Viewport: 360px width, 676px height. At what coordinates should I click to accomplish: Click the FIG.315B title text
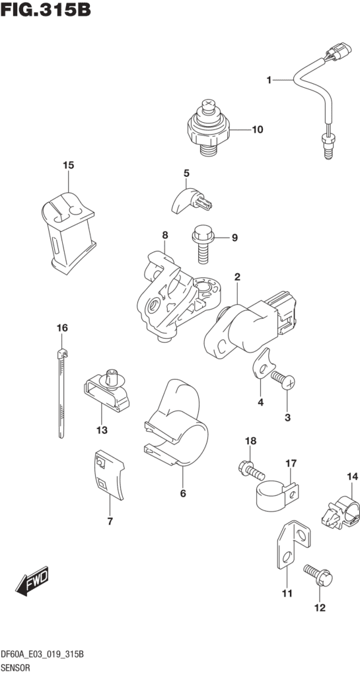point(45,11)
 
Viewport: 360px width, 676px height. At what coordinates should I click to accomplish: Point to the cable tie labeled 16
point(60,389)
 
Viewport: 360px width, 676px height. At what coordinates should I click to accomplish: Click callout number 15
point(67,165)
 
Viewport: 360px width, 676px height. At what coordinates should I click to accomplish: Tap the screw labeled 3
point(285,379)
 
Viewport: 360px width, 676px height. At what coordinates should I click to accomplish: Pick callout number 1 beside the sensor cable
point(270,81)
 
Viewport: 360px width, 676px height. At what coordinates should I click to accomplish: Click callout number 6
point(183,492)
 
